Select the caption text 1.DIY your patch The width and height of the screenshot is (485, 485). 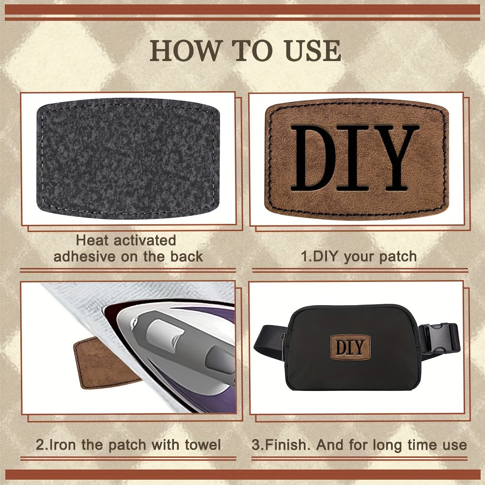pos(359,256)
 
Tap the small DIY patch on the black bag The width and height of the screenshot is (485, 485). pos(350,347)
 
